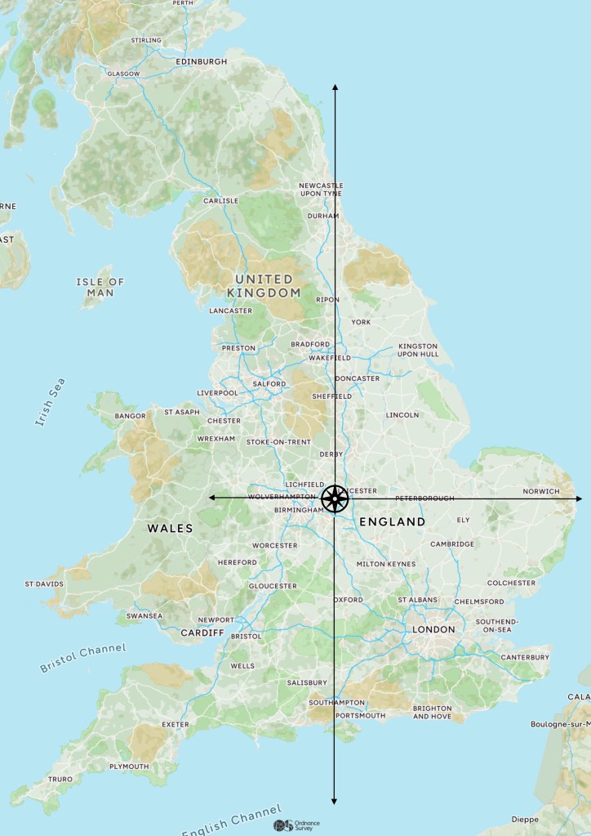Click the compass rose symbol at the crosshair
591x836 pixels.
tap(335, 498)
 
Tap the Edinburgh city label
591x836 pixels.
tap(202, 61)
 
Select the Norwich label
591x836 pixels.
tap(541, 491)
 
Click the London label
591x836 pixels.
tap(433, 629)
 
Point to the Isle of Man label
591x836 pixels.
tap(100, 287)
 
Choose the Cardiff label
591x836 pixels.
tap(202, 633)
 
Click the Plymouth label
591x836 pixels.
tap(129, 767)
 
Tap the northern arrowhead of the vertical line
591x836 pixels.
tap(335, 86)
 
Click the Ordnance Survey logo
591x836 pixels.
tap(297, 825)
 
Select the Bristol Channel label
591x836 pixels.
tap(83, 658)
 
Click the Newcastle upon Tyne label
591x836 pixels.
tap(321, 190)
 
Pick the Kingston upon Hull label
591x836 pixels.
tap(418, 350)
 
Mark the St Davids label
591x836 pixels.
tap(43, 584)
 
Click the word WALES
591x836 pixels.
tap(170, 528)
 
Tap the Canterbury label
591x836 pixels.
tap(525, 657)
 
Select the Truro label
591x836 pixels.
tap(60, 780)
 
